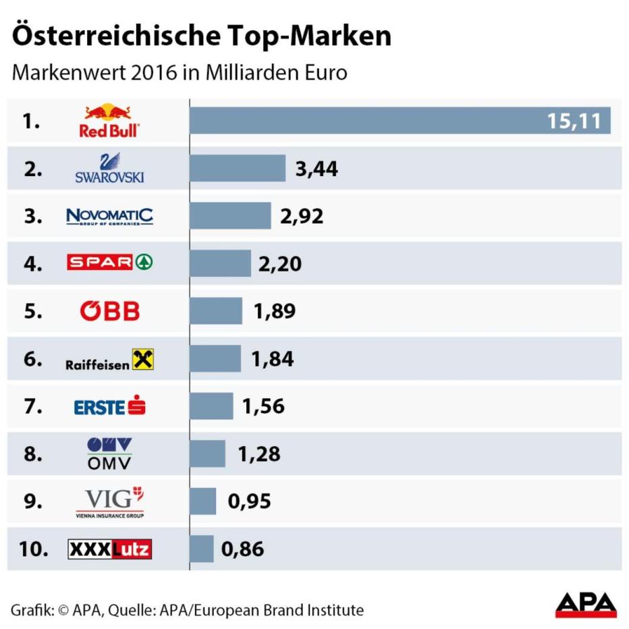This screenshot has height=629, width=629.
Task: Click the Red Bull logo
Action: click(109, 121)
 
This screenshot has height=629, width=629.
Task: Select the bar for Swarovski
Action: click(238, 169)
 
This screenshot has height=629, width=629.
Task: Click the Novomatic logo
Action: click(109, 217)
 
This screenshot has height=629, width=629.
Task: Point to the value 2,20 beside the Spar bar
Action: click(279, 264)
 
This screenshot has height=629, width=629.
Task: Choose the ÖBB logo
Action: click(110, 311)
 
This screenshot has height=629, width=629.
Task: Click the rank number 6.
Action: click(32, 359)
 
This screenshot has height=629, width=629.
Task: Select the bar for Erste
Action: click(211, 406)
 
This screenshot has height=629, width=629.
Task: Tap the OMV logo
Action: click(110, 454)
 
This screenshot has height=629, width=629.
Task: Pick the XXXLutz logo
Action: click(110, 549)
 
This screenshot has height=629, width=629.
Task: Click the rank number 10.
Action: click(34, 549)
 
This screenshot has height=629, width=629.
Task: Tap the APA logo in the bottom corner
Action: click(586, 605)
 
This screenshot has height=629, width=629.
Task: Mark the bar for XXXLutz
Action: click(202, 549)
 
